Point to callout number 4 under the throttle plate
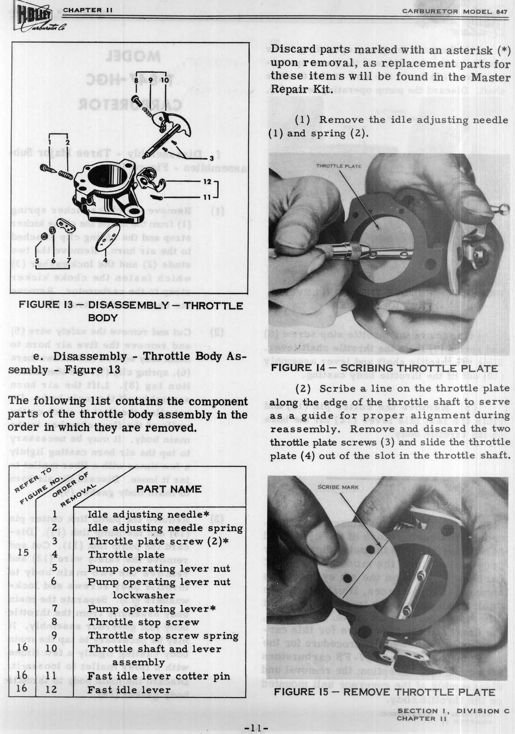tap(105, 260)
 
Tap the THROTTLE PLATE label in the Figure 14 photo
tap(339, 166)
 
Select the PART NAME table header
tap(169, 489)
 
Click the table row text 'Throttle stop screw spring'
tap(163, 635)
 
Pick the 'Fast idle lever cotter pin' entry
tap(158, 676)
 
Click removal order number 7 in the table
tap(55, 609)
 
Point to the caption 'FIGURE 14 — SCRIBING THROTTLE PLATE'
tap(385, 369)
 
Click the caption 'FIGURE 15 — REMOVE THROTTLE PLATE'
tap(385, 692)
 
